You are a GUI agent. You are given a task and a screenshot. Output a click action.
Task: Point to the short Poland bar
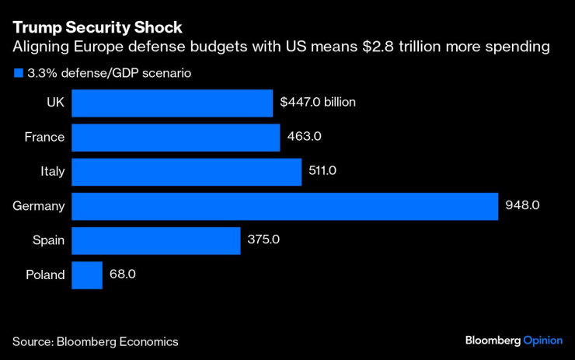click(x=87, y=274)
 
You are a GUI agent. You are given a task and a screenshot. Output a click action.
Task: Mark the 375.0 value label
click(x=264, y=240)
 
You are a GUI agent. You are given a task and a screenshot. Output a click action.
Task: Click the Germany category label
click(x=39, y=206)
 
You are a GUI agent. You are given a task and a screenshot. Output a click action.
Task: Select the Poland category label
click(x=45, y=274)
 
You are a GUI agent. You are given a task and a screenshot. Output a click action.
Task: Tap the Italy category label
click(x=52, y=172)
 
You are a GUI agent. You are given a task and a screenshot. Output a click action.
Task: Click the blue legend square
click(x=17, y=74)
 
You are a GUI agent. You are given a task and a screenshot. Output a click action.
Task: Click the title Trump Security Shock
click(x=97, y=28)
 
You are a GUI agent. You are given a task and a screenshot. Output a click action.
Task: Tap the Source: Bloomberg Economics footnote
click(x=95, y=341)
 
